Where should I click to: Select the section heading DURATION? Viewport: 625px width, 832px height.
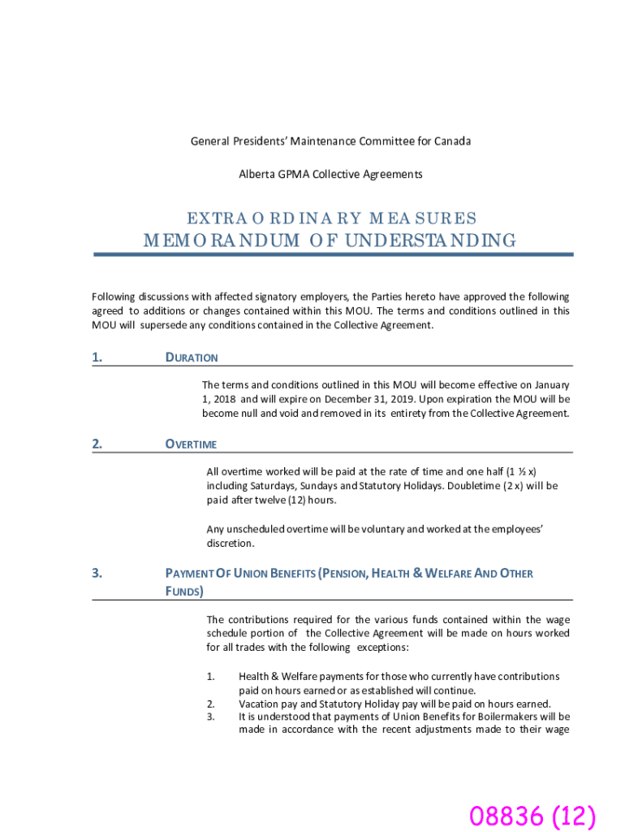point(192,357)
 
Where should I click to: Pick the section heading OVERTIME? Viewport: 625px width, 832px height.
point(191,444)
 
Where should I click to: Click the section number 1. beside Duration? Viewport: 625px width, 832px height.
point(97,357)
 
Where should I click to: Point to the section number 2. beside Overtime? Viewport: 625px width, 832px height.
point(97,444)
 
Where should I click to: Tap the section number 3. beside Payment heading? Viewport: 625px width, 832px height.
point(97,574)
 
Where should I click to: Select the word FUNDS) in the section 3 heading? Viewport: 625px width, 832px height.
point(184,591)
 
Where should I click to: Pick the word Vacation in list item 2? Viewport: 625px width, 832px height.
point(259,704)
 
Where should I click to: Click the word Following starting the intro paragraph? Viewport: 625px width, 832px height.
point(114,297)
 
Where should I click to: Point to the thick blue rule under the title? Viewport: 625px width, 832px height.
point(333,254)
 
